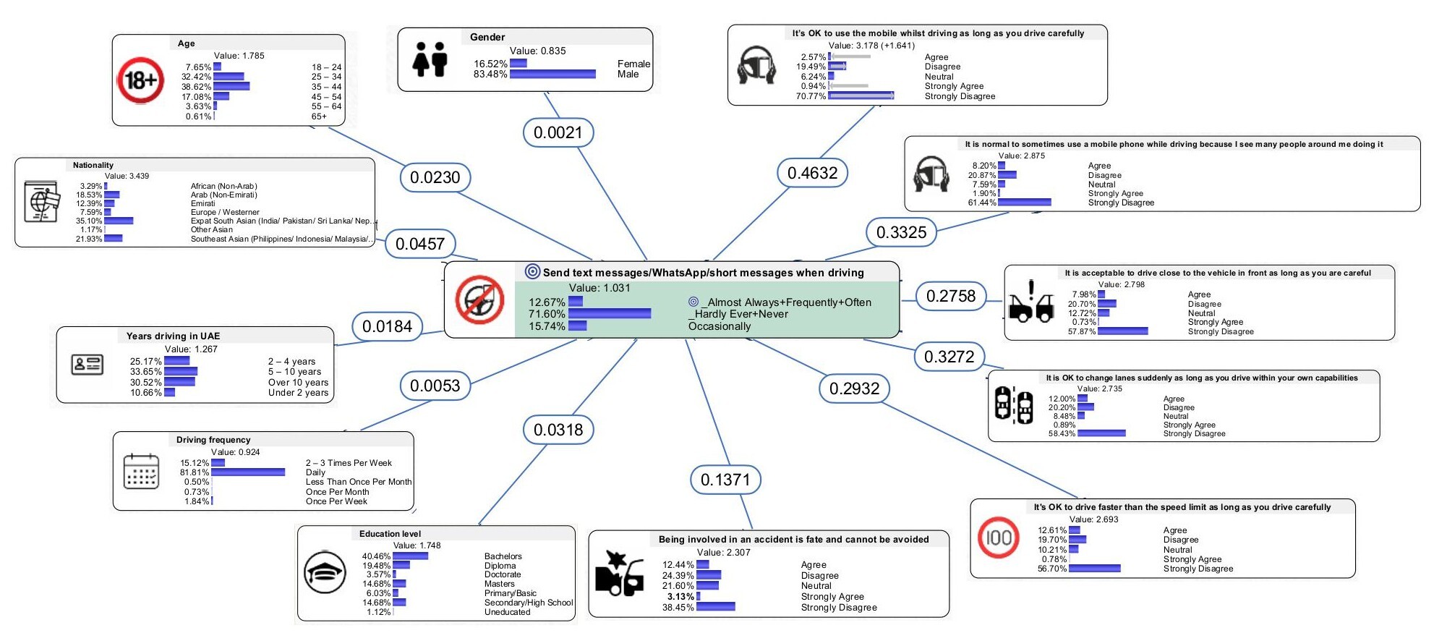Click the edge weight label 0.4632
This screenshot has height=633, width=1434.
click(812, 173)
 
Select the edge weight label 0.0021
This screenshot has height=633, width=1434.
click(558, 132)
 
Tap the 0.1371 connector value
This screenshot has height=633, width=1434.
click(725, 480)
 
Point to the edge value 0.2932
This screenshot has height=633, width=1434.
click(854, 388)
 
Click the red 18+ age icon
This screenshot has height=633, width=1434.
click(140, 80)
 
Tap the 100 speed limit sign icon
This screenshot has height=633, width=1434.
click(999, 538)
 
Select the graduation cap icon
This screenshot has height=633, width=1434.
click(325, 572)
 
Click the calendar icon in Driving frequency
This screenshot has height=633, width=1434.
click(141, 472)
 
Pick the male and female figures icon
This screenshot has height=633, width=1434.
click(430, 59)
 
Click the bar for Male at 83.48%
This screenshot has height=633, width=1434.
click(552, 74)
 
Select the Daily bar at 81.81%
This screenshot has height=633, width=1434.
click(248, 472)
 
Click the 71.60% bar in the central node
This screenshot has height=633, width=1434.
click(609, 314)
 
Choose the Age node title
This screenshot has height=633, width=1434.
click(187, 43)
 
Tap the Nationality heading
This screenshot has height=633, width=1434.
click(93, 165)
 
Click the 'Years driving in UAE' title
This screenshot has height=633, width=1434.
click(173, 336)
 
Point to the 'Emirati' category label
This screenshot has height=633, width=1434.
click(203, 203)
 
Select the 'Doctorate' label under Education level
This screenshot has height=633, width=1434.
click(502, 574)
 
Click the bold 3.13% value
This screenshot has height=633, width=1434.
click(680, 597)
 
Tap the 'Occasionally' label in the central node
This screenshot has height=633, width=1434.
click(720, 326)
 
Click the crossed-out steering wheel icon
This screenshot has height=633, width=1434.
click(479, 299)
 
